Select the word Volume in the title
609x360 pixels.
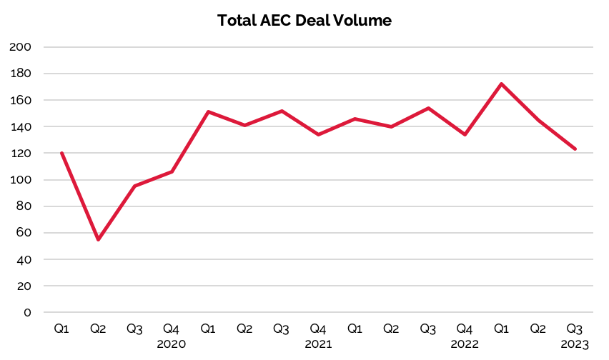(x=364, y=21)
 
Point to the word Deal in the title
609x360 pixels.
(x=317, y=21)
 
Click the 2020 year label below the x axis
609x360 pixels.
(x=172, y=344)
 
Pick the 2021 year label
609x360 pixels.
(x=318, y=344)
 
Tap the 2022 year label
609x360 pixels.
(x=465, y=344)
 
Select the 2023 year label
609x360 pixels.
(x=575, y=345)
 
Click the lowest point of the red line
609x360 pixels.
(x=98, y=239)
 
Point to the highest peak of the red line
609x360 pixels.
(x=501, y=84)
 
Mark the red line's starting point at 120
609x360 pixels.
(x=61, y=153)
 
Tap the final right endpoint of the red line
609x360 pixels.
(x=575, y=149)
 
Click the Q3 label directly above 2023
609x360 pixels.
(x=575, y=329)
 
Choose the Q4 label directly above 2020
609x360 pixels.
(x=172, y=329)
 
